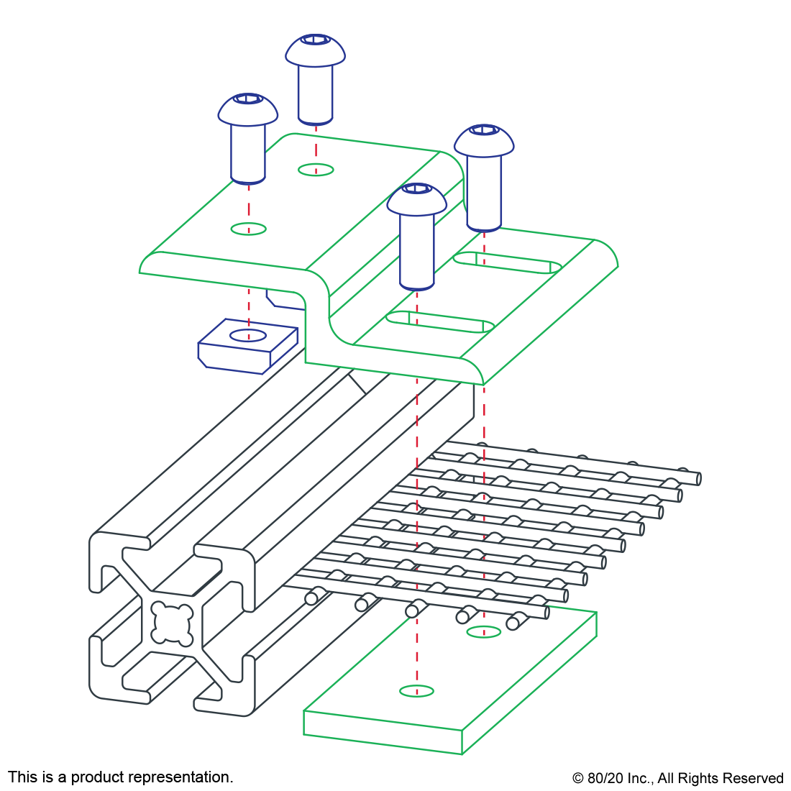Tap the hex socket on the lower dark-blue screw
[248, 99]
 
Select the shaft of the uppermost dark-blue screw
[315, 93]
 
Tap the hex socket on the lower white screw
[417, 188]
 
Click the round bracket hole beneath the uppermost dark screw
[316, 170]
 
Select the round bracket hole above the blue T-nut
[248, 229]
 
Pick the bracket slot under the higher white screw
[508, 262]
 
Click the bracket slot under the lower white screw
[440, 321]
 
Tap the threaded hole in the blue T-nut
[248, 335]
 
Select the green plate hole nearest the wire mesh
[484, 632]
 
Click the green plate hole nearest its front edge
[417, 691]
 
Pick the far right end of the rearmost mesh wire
[698, 479]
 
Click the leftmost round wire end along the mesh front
[311, 598]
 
